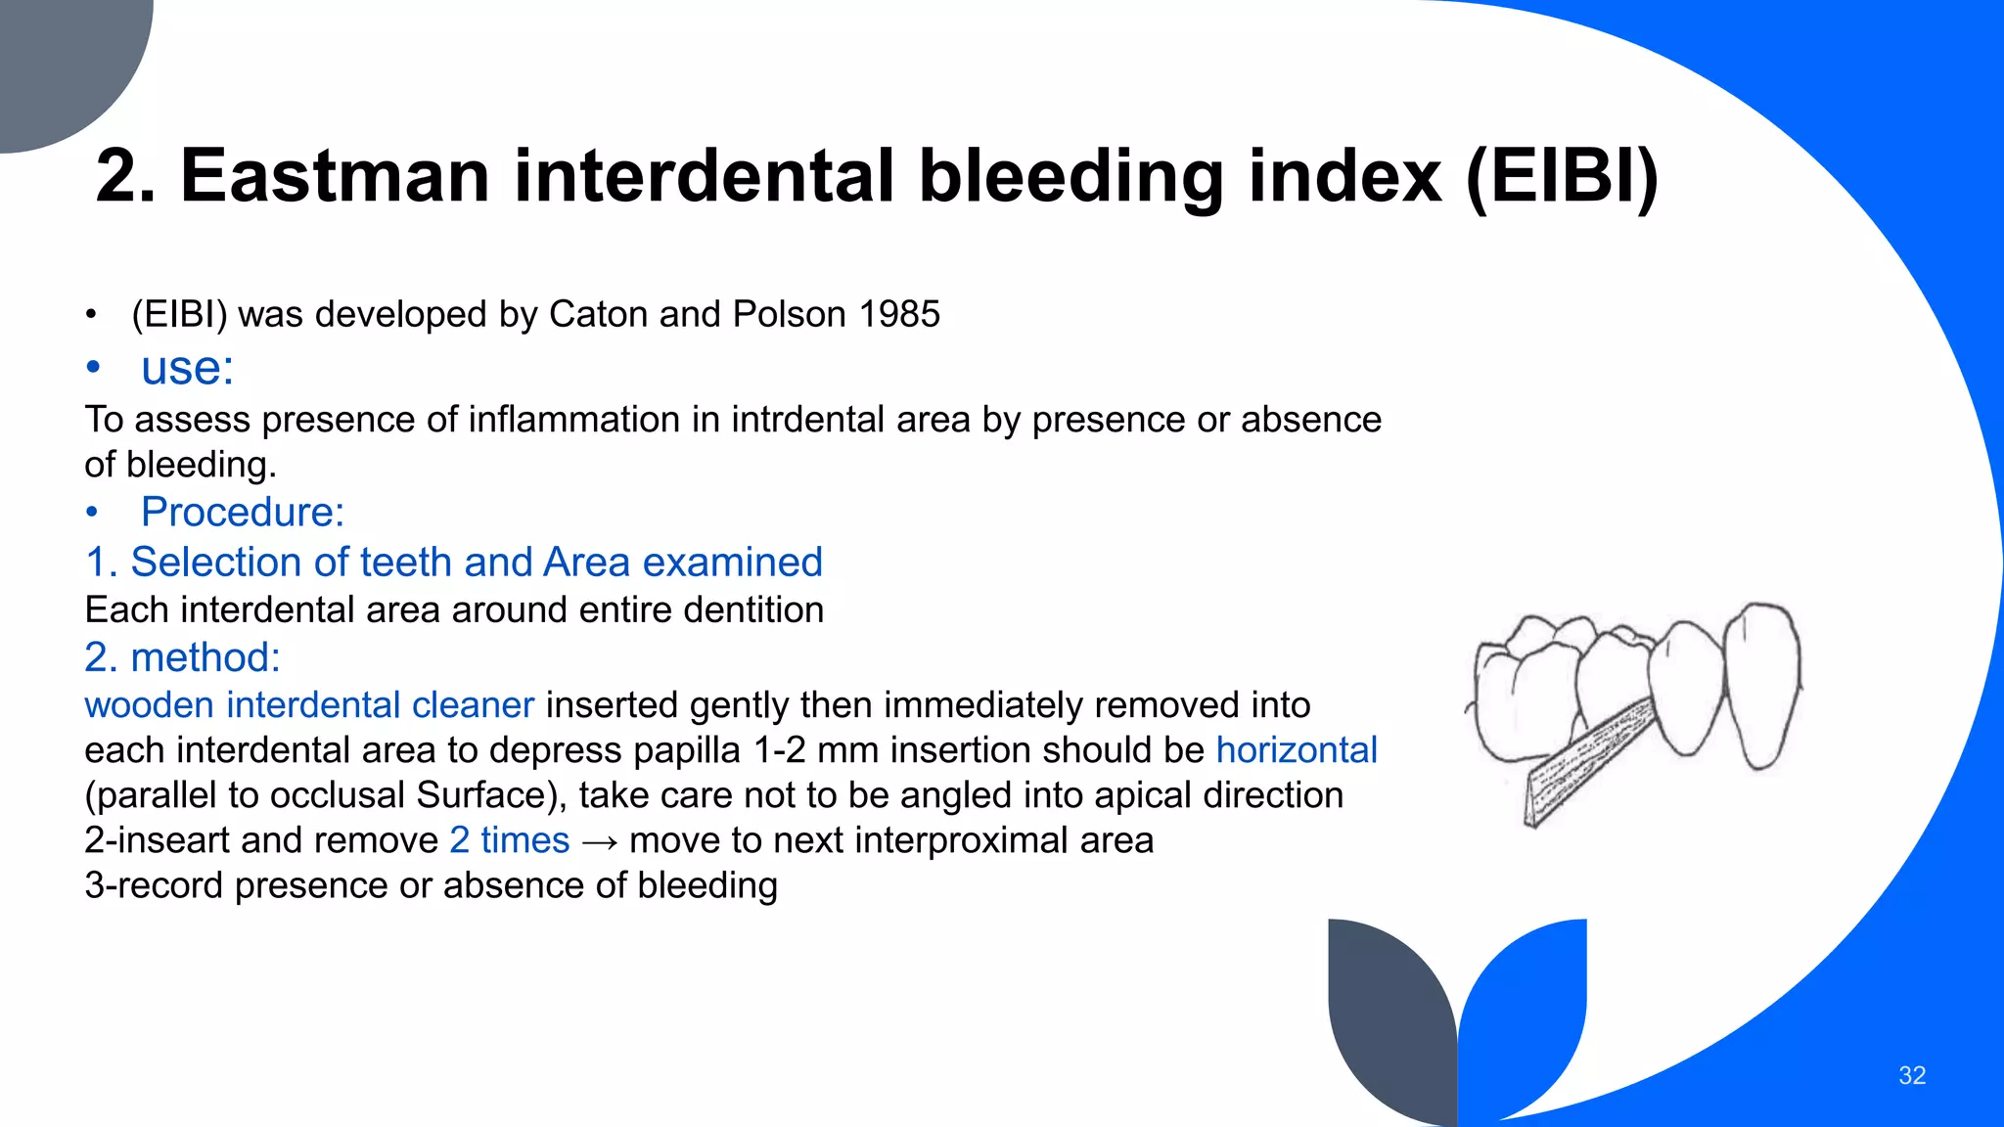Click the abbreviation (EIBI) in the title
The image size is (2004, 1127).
[1562, 176]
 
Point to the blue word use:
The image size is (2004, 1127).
[187, 368]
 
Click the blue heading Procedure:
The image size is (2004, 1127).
[242, 512]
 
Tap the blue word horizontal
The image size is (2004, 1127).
[1296, 749]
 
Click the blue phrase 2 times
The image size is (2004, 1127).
[509, 839]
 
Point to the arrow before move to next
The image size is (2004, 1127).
[599, 841]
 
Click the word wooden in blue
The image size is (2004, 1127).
[149, 704]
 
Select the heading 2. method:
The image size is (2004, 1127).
[182, 657]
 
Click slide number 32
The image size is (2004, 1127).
[1911, 1075]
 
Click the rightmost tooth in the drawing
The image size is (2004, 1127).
[1762, 685]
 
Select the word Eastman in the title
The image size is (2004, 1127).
[335, 176]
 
